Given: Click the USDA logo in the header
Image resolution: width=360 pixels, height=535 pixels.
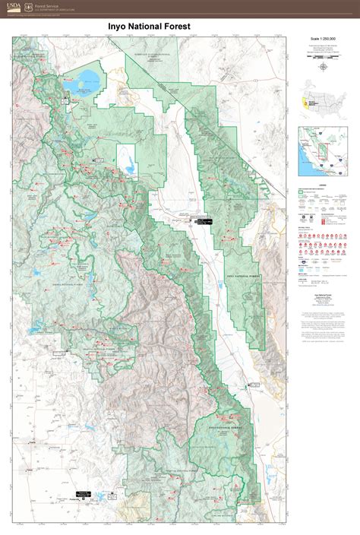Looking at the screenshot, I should tap(13, 8).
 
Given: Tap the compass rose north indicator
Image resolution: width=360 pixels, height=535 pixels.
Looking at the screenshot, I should tap(324, 65).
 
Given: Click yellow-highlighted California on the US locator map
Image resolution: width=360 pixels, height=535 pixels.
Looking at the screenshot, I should tap(306, 101).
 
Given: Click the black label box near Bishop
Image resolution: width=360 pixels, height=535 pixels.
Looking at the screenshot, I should tap(203, 221).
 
